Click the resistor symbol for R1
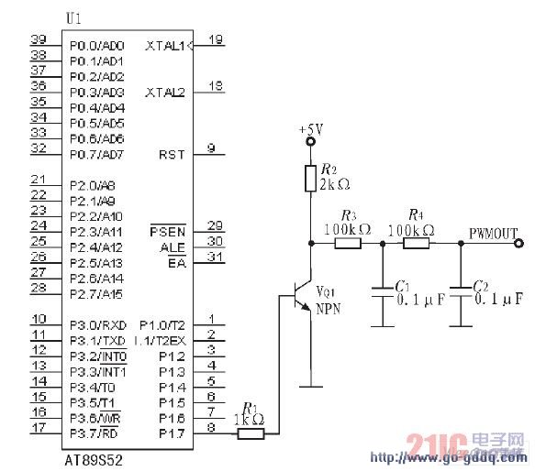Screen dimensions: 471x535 click(x=251, y=434)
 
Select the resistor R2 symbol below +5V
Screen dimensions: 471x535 click(x=312, y=178)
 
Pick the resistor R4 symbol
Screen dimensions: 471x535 click(x=416, y=244)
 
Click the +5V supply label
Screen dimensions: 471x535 click(x=312, y=130)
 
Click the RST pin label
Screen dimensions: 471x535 click(x=171, y=155)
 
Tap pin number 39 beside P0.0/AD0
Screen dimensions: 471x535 click(x=39, y=39)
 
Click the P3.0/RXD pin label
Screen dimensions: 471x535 click(x=96, y=325)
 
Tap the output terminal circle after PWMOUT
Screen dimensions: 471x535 click(x=520, y=244)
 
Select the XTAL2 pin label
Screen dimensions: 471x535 click(x=165, y=93)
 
